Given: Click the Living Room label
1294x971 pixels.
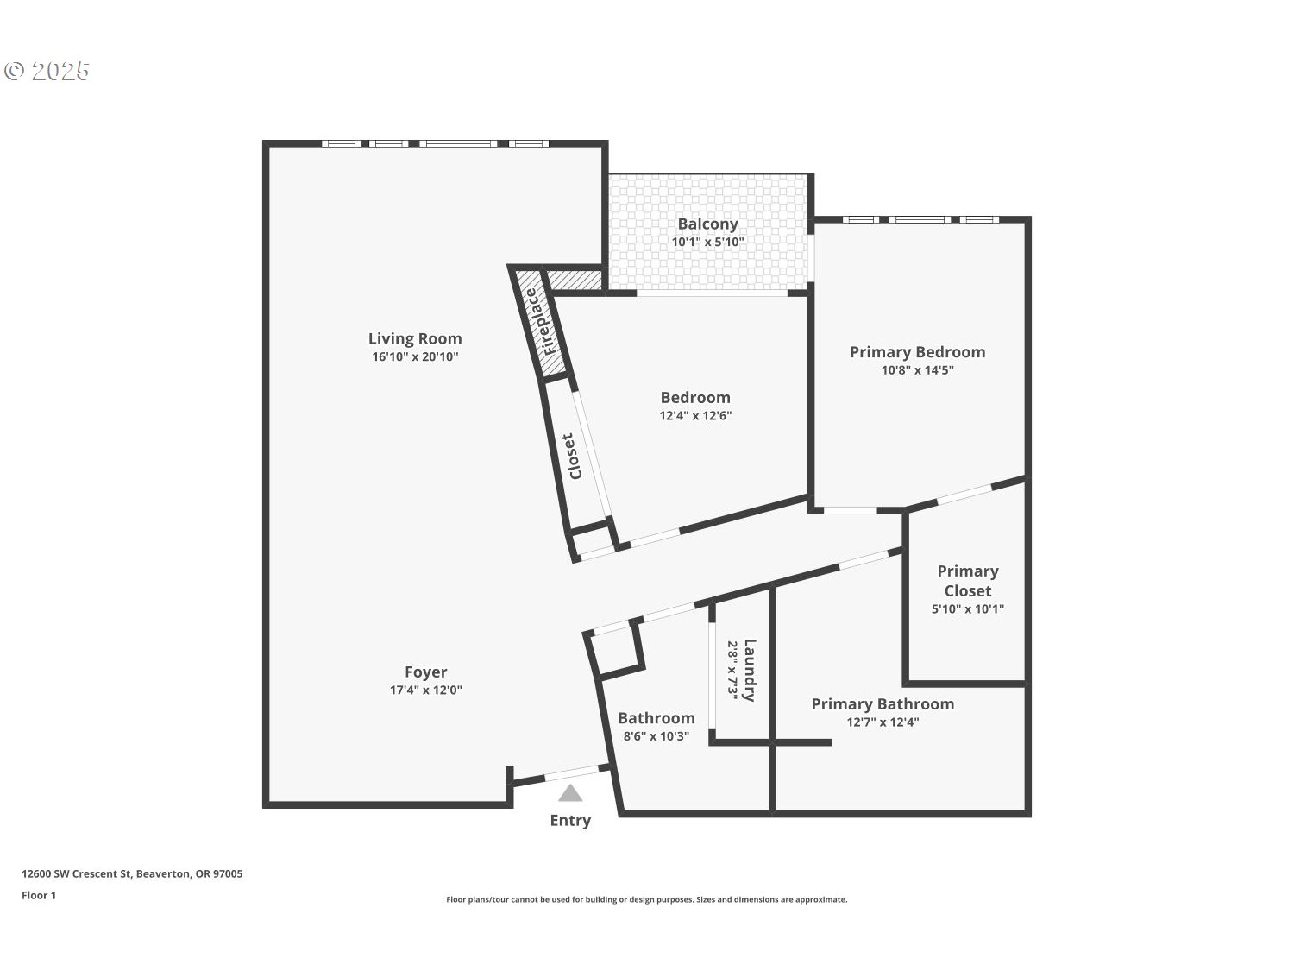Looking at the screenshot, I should click(x=415, y=339).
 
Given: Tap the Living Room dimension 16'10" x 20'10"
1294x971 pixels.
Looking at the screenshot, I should click(x=415, y=357).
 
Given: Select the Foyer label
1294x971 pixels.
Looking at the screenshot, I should click(x=426, y=672).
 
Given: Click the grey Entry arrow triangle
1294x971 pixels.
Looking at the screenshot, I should click(x=570, y=793).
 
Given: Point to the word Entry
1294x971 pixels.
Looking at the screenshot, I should click(x=570, y=821).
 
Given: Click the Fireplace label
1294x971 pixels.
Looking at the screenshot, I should click(x=537, y=322).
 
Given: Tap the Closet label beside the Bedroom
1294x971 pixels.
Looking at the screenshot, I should click(x=575, y=456).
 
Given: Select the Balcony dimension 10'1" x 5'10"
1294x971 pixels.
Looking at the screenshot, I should click(x=707, y=243).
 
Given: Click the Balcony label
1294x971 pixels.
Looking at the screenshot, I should click(x=707, y=224).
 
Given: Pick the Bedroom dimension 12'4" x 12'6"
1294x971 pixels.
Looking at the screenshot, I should click(x=695, y=416).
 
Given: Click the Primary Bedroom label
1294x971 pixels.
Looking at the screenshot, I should click(x=917, y=352).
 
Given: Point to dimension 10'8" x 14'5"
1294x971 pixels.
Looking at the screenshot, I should click(x=917, y=370).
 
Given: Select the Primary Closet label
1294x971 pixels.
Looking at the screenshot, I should click(x=968, y=581).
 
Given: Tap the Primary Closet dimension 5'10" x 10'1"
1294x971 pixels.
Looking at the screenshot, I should click(x=968, y=609).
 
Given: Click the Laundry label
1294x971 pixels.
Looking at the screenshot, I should click(x=750, y=670).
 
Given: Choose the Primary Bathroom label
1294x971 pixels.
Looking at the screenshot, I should click(x=883, y=704).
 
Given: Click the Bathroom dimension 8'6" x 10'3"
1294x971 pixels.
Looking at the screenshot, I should click(x=656, y=736).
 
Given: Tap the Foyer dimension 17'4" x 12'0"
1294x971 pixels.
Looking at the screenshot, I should click(x=426, y=690).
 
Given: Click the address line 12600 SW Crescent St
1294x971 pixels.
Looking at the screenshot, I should click(x=132, y=873).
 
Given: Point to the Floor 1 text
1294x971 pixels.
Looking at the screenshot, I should click(x=39, y=895).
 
